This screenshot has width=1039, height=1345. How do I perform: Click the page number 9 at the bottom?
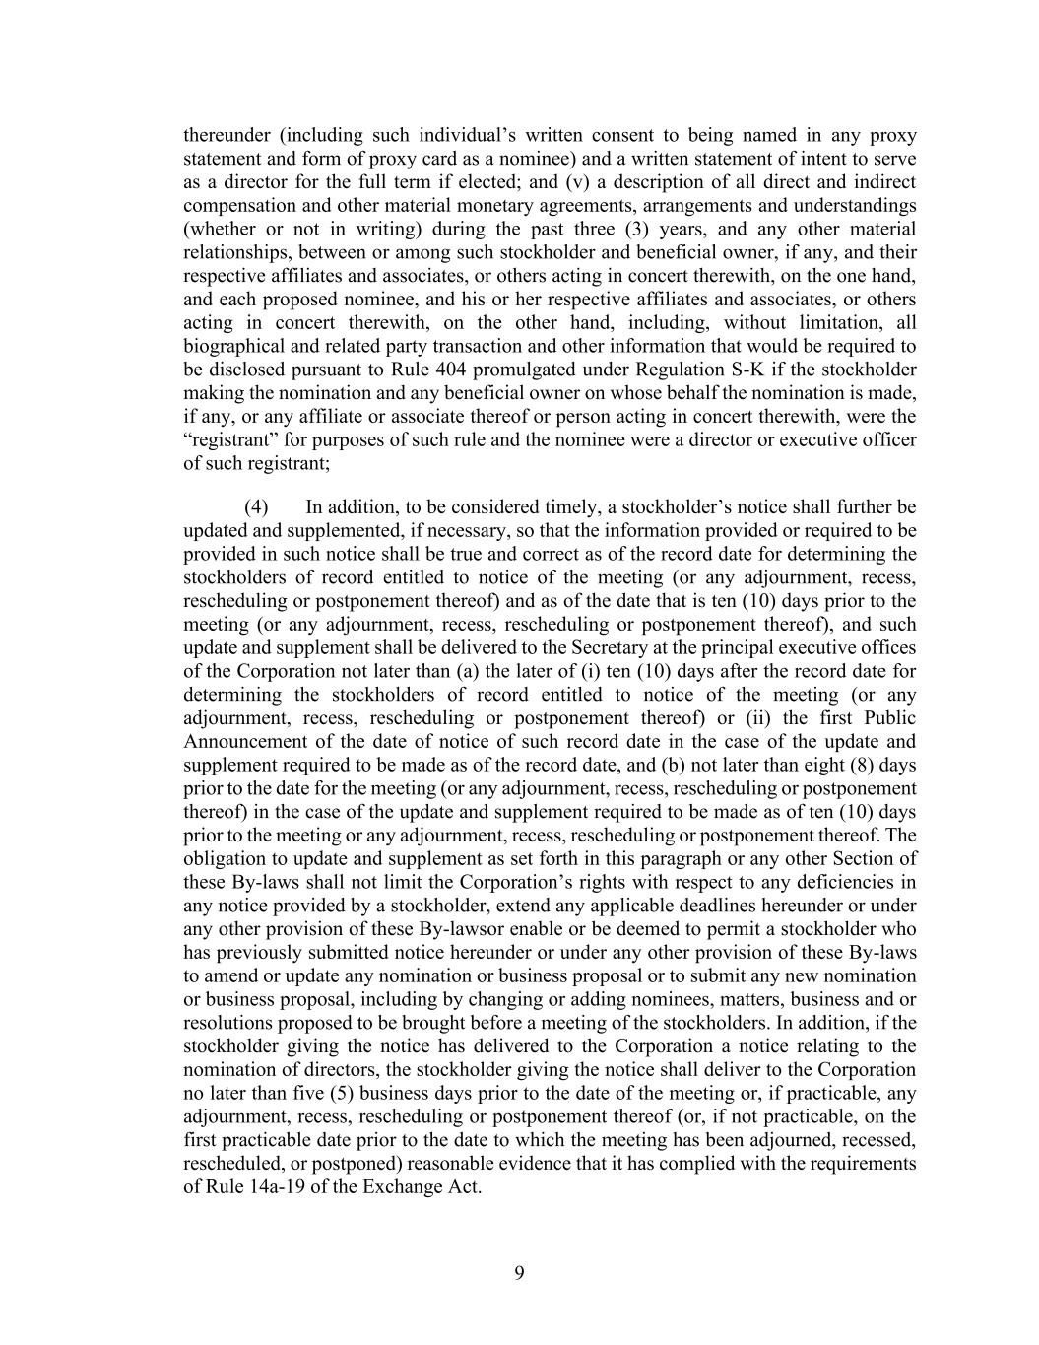(519, 1273)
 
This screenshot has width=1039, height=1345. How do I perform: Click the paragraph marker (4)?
(256, 507)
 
